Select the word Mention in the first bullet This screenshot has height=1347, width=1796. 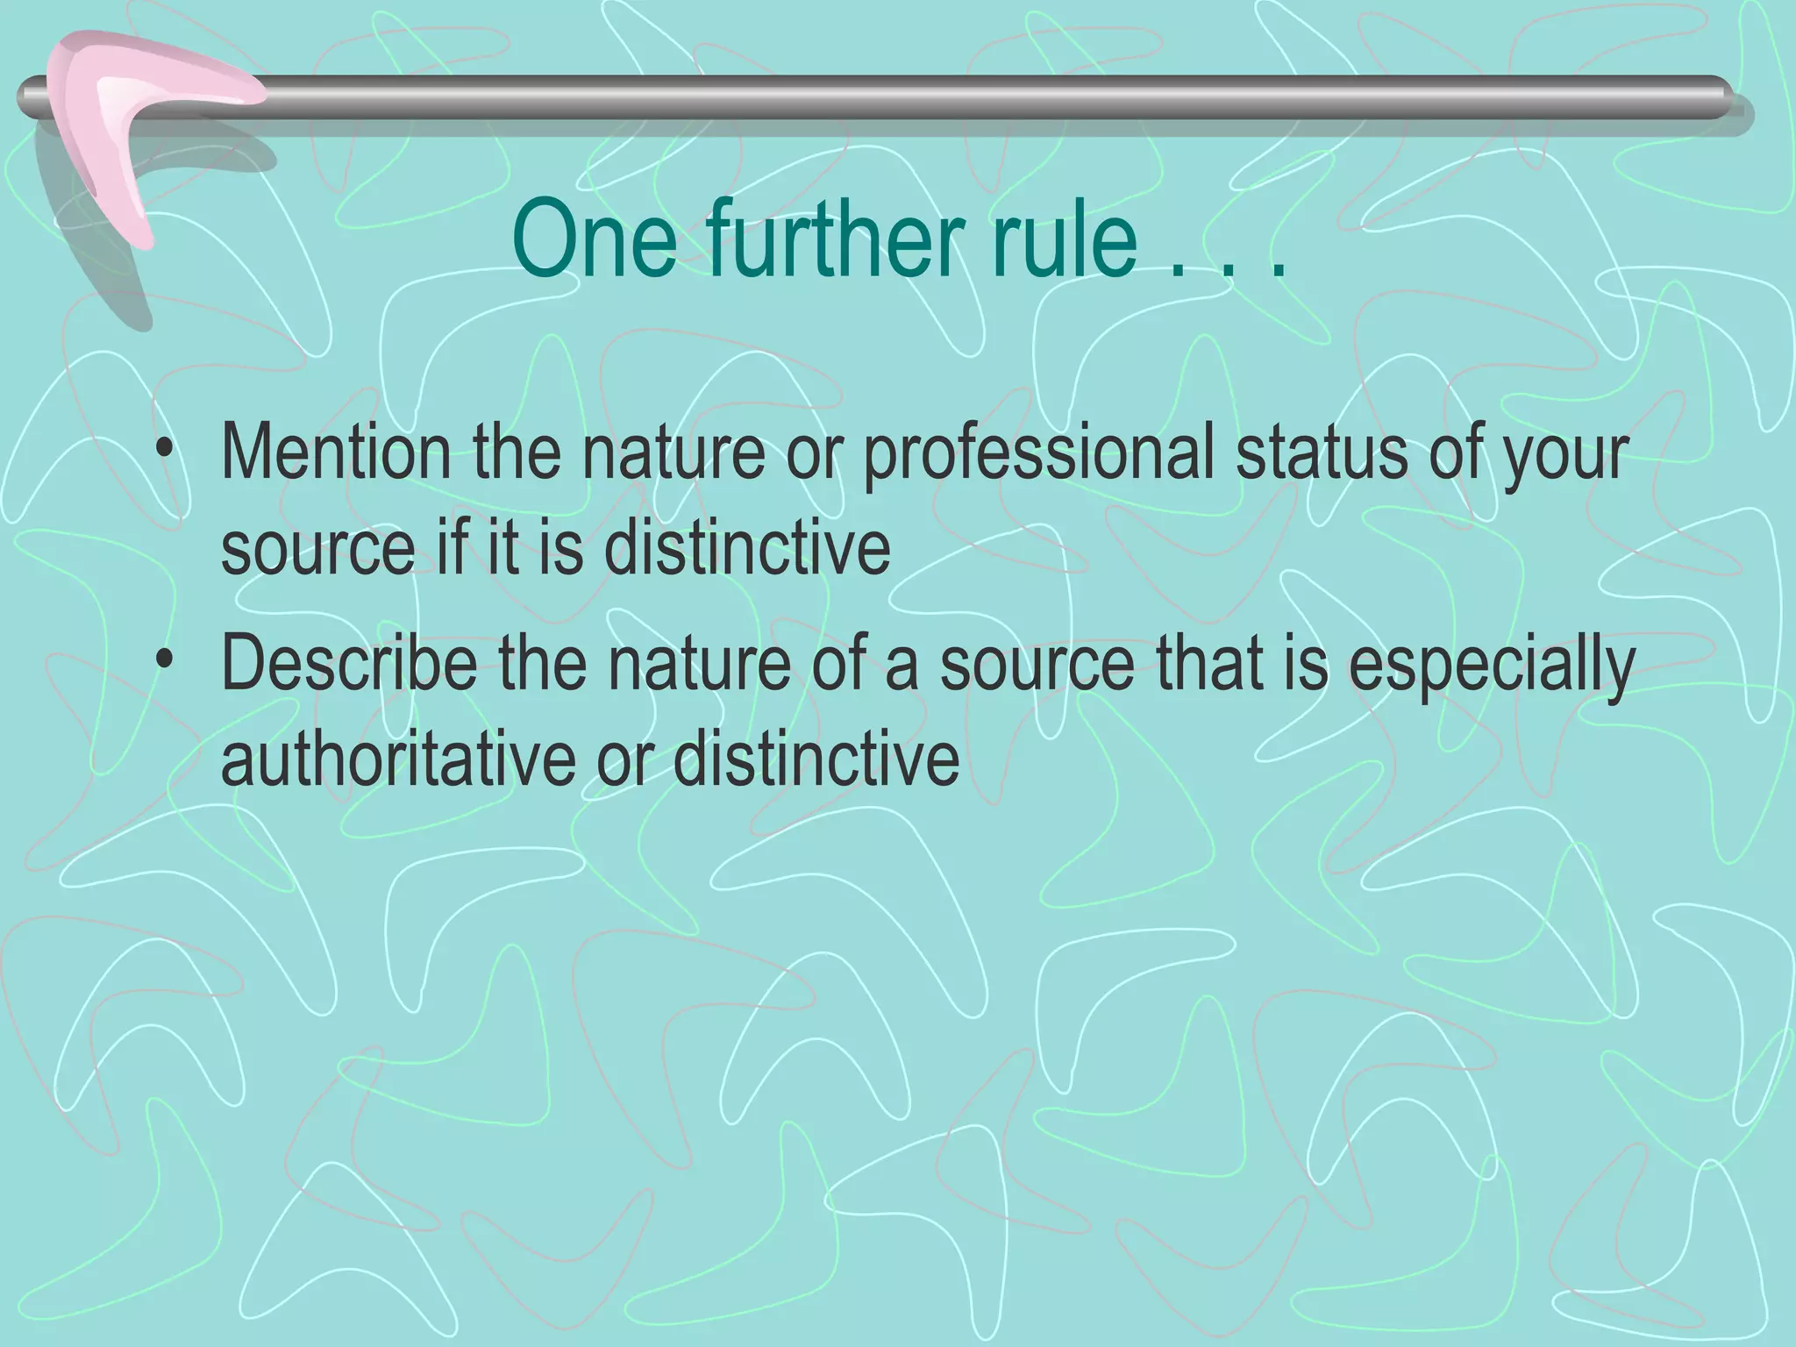pyautogui.click(x=336, y=453)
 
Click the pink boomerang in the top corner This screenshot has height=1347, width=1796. pyautogui.click(x=123, y=123)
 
